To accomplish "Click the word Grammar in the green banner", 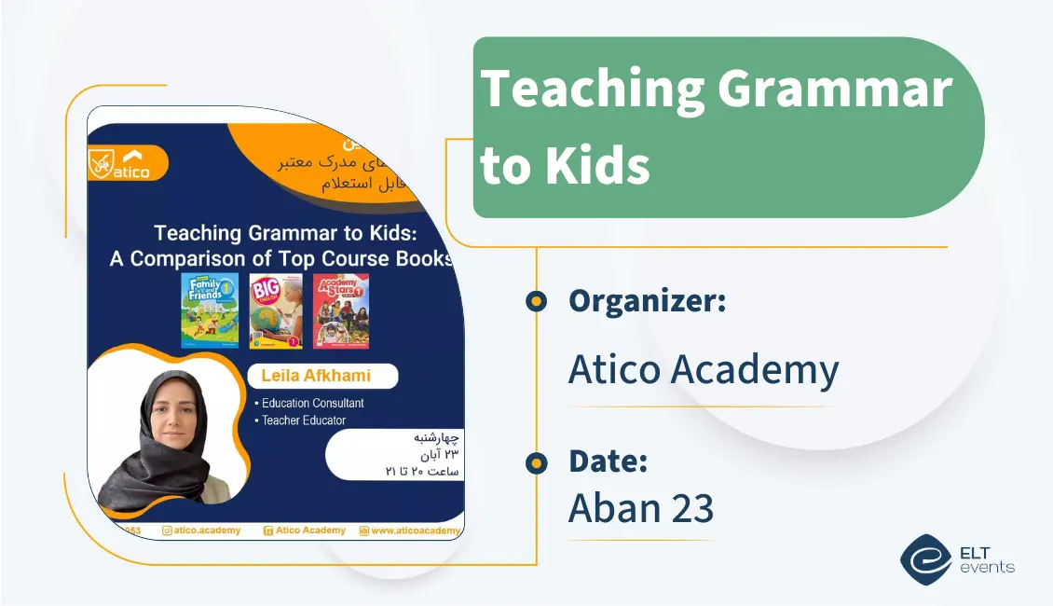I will (x=834, y=90).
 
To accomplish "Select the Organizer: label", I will (x=647, y=300).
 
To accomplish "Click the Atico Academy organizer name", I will (x=704, y=370).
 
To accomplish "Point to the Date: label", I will (x=608, y=461).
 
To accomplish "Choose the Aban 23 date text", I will (x=641, y=508).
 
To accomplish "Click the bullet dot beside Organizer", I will (x=536, y=301).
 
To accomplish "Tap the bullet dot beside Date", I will (x=536, y=462).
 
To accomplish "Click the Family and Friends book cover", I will (x=210, y=310).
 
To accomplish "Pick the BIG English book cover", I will (x=276, y=310).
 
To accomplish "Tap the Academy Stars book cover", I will (x=341, y=310).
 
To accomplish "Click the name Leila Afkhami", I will (x=322, y=376).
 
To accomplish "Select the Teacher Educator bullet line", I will (x=303, y=420).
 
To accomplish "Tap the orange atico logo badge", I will (x=128, y=163).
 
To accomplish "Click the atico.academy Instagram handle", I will (x=201, y=530).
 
